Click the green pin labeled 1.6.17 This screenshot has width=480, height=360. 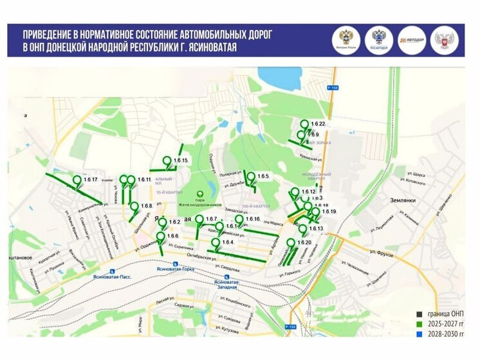[x=77, y=180]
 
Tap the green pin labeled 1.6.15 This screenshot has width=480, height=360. [x=167, y=161]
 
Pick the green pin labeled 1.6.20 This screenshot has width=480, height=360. [x=291, y=243]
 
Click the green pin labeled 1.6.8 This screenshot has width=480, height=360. [x=134, y=207]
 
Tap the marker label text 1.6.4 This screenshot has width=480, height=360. [x=227, y=242]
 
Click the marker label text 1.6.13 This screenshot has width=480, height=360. [x=316, y=229]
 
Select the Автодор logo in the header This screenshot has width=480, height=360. [x=412, y=40]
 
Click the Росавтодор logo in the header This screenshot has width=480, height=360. [x=378, y=40]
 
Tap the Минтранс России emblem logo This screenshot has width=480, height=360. [x=344, y=40]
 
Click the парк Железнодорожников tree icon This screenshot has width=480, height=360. [x=201, y=193]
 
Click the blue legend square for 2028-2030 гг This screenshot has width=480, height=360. [x=418, y=336]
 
